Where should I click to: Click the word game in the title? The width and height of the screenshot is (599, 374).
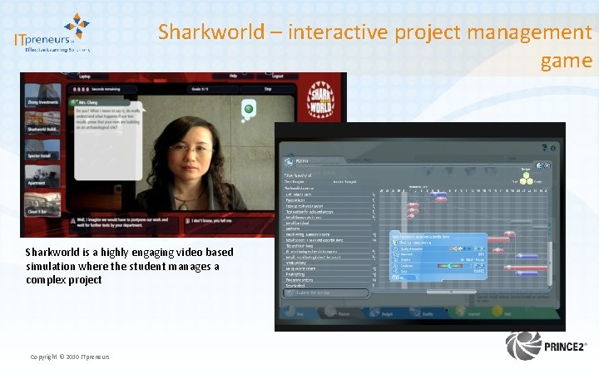tap(566, 61)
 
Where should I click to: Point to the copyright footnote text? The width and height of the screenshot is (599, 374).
tap(69, 357)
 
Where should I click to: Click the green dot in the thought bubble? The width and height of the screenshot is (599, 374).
tap(247, 109)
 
